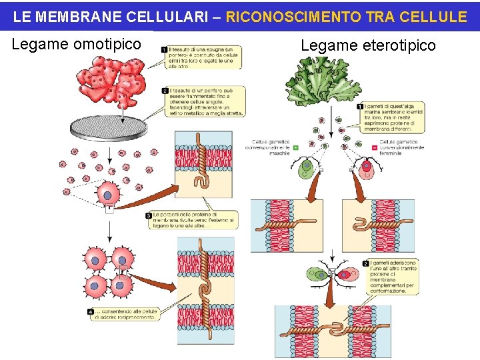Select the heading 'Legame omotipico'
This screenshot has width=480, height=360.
pos(77,45)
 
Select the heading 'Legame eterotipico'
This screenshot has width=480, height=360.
pos(368,45)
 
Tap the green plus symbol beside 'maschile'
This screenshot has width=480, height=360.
pos(295,147)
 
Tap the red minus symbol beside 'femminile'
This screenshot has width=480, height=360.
pos(366,147)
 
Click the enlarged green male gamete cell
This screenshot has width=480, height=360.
pos(306,169)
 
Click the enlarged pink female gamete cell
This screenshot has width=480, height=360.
pos(367,169)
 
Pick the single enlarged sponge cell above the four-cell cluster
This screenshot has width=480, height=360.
pos(109,195)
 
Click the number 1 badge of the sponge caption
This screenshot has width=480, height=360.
pos(164,49)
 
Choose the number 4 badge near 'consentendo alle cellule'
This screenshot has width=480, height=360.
pos(90,312)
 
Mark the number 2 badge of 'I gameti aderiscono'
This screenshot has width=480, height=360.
pos(365,263)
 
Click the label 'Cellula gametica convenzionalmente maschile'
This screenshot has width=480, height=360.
pos(271,147)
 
